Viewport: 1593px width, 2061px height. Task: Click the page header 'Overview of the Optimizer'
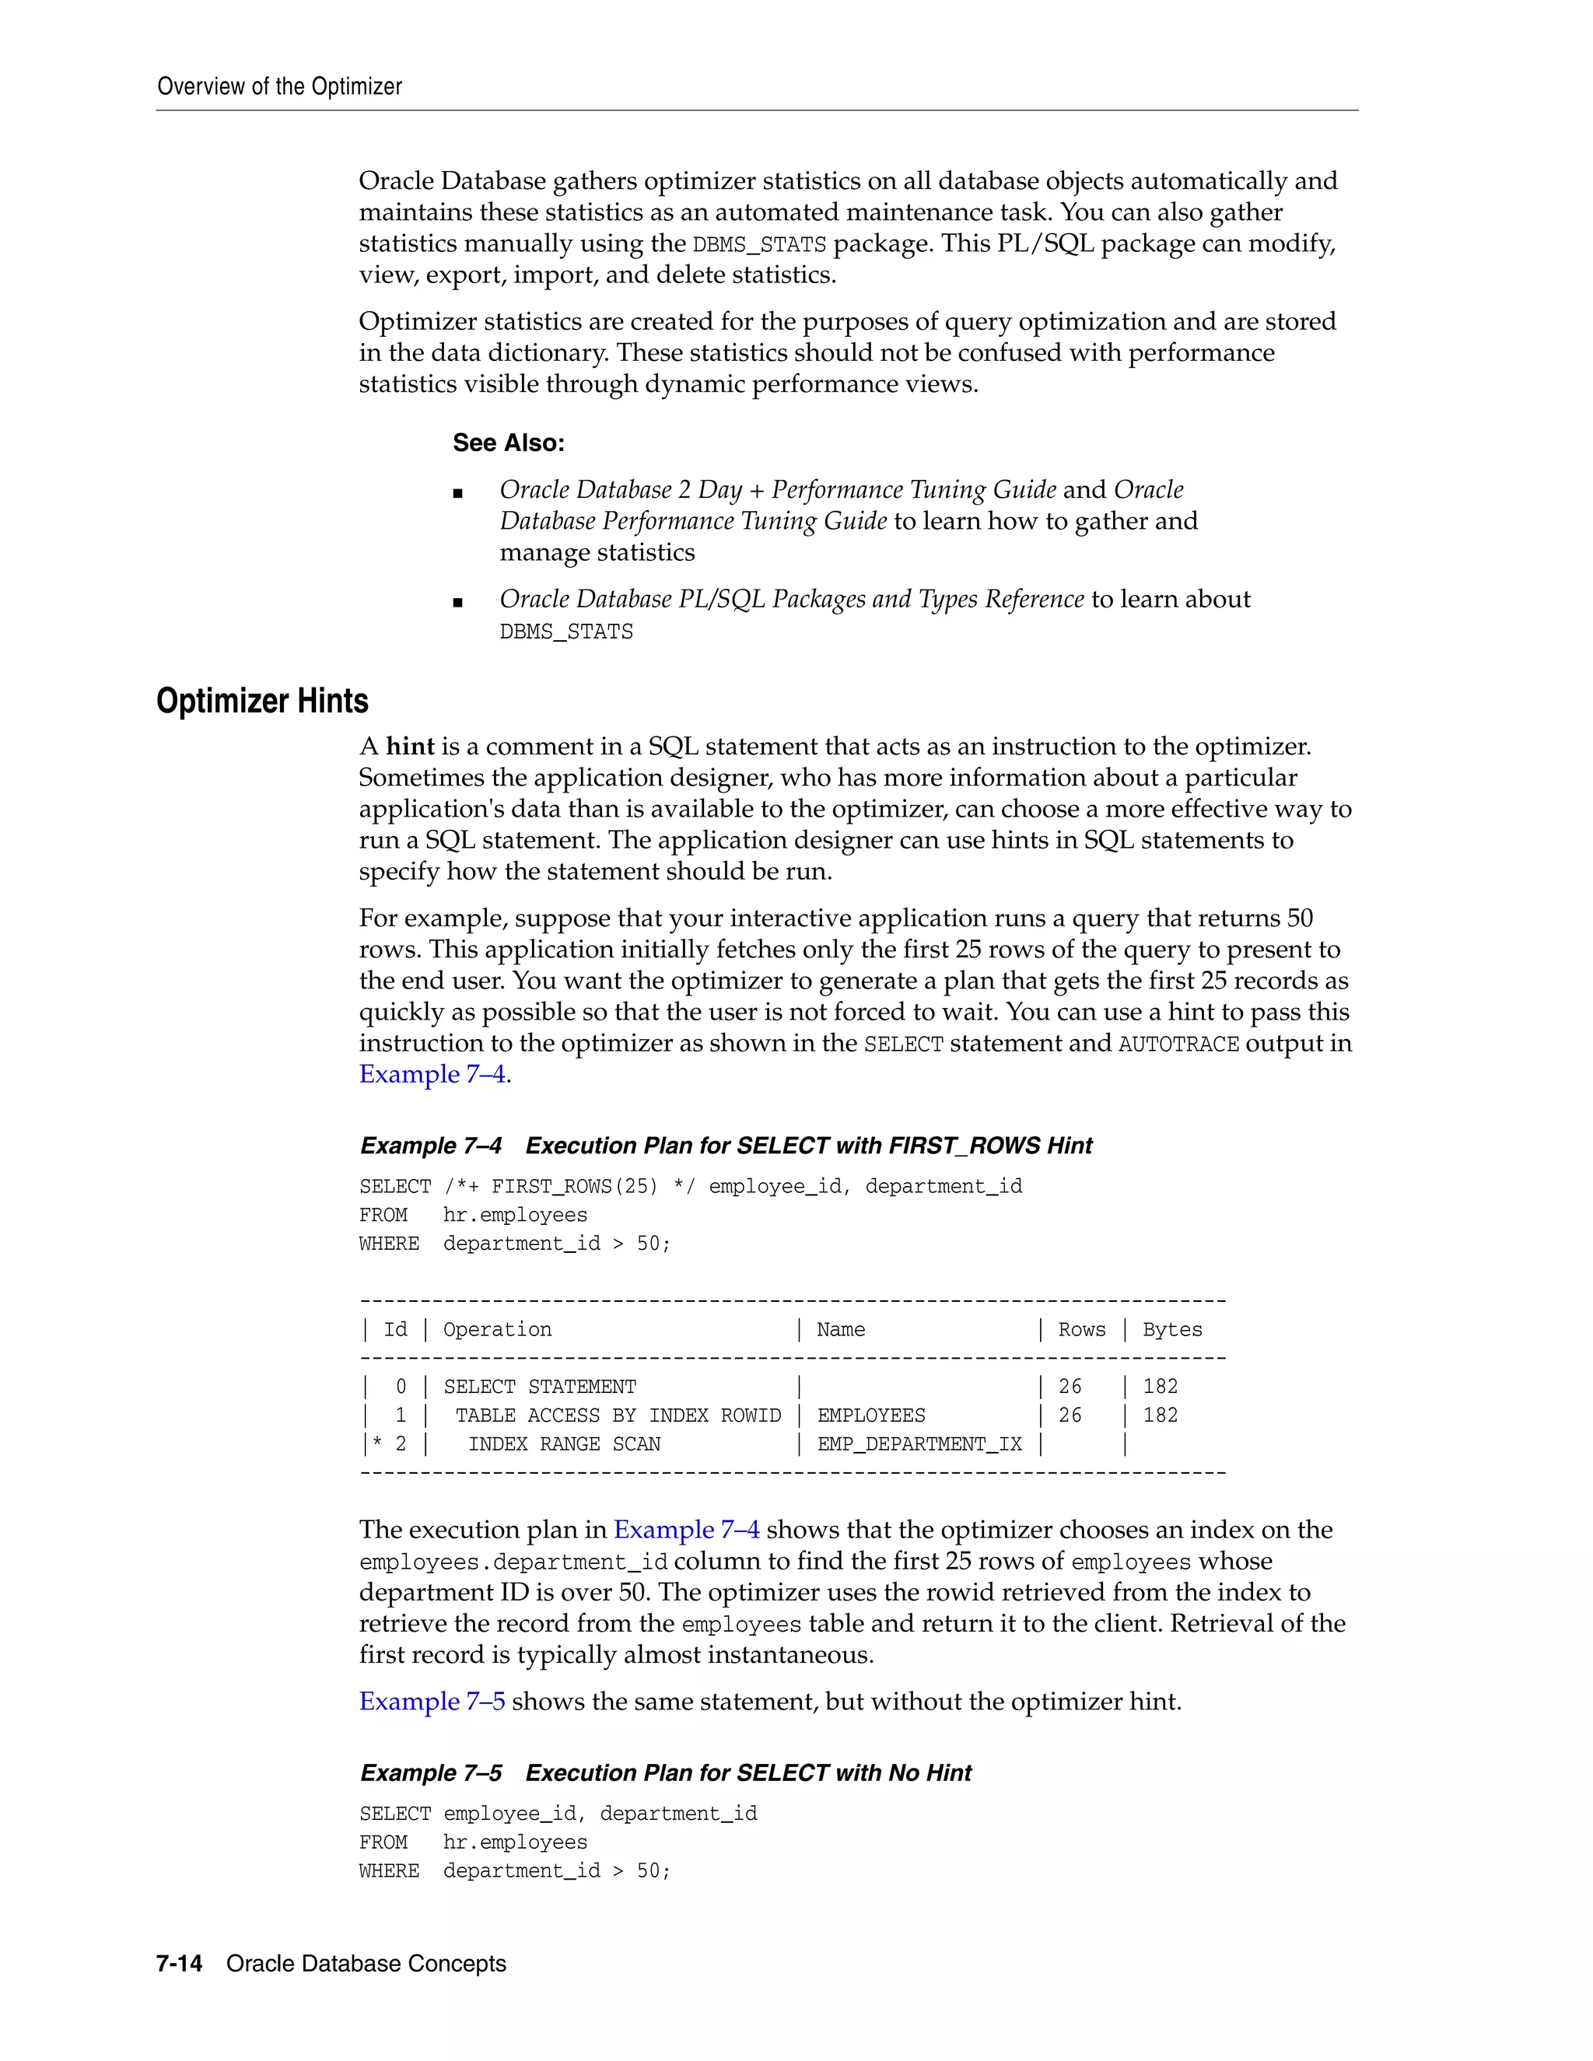[279, 87]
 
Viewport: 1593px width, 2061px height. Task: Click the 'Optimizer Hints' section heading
[262, 702]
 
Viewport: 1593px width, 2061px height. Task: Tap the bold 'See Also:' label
[508, 443]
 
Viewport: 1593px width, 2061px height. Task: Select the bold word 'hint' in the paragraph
[410, 747]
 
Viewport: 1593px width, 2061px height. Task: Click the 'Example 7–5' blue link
[431, 1702]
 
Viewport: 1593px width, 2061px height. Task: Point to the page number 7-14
[180, 1964]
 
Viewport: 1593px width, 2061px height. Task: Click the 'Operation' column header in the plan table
[497, 1330]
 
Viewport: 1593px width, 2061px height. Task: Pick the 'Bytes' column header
[1172, 1330]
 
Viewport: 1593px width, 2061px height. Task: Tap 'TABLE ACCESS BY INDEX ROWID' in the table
[618, 1415]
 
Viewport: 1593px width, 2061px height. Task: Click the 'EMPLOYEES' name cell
[871, 1415]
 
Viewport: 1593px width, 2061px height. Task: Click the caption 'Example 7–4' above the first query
[431, 1146]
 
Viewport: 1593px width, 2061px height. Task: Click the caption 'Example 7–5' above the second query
[431, 1773]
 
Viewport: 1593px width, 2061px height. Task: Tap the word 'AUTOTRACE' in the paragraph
[1178, 1044]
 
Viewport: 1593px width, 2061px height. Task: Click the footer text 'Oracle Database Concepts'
[366, 1964]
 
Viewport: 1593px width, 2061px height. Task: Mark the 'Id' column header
[395, 1330]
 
